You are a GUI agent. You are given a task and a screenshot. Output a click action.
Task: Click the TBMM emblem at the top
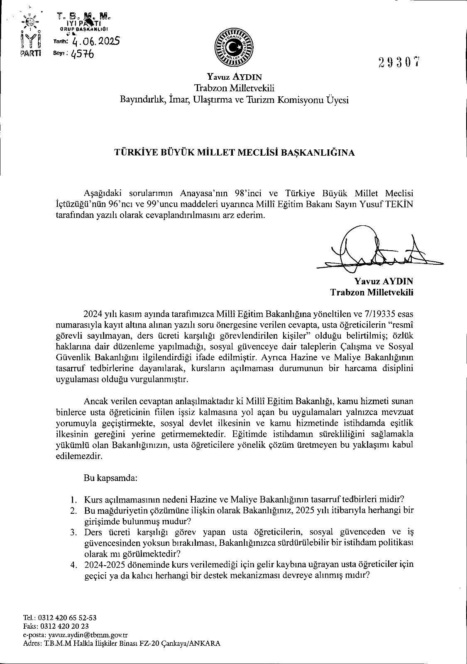[233, 48]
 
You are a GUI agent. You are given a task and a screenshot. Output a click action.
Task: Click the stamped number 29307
[400, 62]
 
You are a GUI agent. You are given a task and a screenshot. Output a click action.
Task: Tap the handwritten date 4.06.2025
[95, 41]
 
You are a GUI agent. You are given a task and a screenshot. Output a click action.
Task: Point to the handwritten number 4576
[82, 54]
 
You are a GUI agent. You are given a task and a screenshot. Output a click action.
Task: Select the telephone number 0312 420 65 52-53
[67, 618]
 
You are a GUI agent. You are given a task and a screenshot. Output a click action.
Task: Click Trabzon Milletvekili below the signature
[372, 292]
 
